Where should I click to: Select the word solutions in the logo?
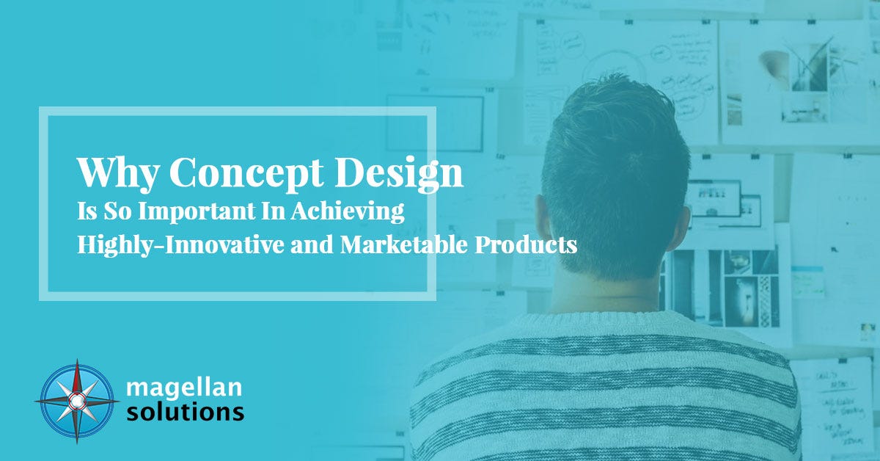pyautogui.click(x=185, y=411)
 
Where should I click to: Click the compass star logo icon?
pyautogui.click(x=77, y=401)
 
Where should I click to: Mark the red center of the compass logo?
pyautogui.click(x=77, y=401)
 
